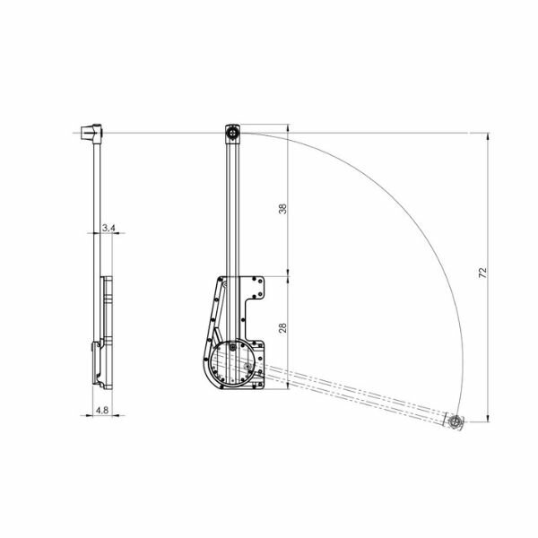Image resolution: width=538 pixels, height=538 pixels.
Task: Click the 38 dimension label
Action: pyautogui.click(x=282, y=209)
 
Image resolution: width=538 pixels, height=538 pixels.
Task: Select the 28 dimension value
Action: pyautogui.click(x=282, y=328)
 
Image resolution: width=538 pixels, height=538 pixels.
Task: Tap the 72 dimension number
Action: pyautogui.click(x=482, y=273)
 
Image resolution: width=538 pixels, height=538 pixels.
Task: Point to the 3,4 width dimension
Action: pyautogui.click(x=108, y=228)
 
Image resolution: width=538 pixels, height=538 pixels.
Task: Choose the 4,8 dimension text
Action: pyautogui.click(x=102, y=410)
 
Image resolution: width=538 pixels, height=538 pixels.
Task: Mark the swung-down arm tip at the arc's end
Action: pyautogui.click(x=456, y=421)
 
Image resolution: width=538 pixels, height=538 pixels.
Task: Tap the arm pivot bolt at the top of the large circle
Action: pyautogui.click(x=233, y=348)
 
